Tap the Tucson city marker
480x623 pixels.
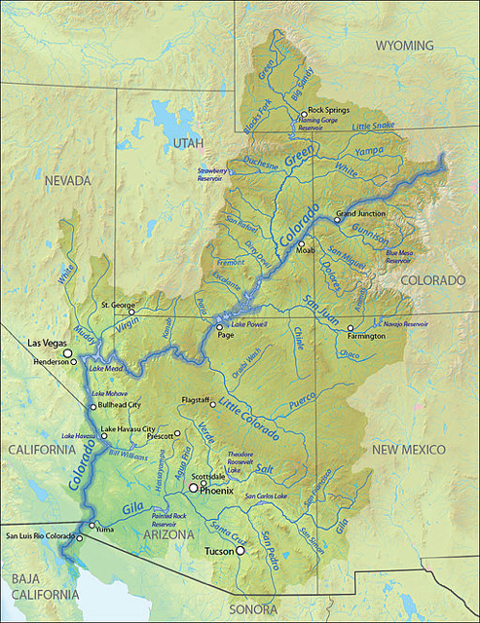pyautogui.click(x=240, y=551)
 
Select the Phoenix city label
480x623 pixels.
pyautogui.click(x=216, y=491)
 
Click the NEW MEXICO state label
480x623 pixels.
pyautogui.click(x=407, y=450)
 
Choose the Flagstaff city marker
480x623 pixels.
pyautogui.click(x=212, y=404)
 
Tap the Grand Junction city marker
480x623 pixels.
pyautogui.click(x=337, y=220)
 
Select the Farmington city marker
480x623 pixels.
pyautogui.click(x=351, y=328)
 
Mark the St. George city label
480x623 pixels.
pyautogui.click(x=118, y=305)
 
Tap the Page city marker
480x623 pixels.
pyautogui.click(x=220, y=327)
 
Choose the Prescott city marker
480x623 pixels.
pyautogui.click(x=177, y=432)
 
